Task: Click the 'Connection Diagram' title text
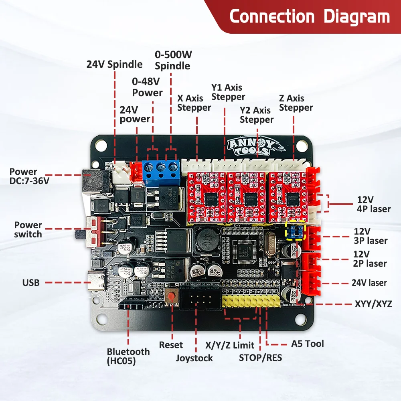point(309,17)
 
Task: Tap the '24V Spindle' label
point(114,64)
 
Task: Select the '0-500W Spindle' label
point(172,60)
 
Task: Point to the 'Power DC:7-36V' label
point(29,176)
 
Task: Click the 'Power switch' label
point(28,229)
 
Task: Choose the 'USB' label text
point(31,283)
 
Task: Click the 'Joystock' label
point(194,358)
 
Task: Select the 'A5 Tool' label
point(307,344)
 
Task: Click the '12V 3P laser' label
point(371,236)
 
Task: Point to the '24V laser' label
point(369,283)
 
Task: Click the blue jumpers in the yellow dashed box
point(295,231)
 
